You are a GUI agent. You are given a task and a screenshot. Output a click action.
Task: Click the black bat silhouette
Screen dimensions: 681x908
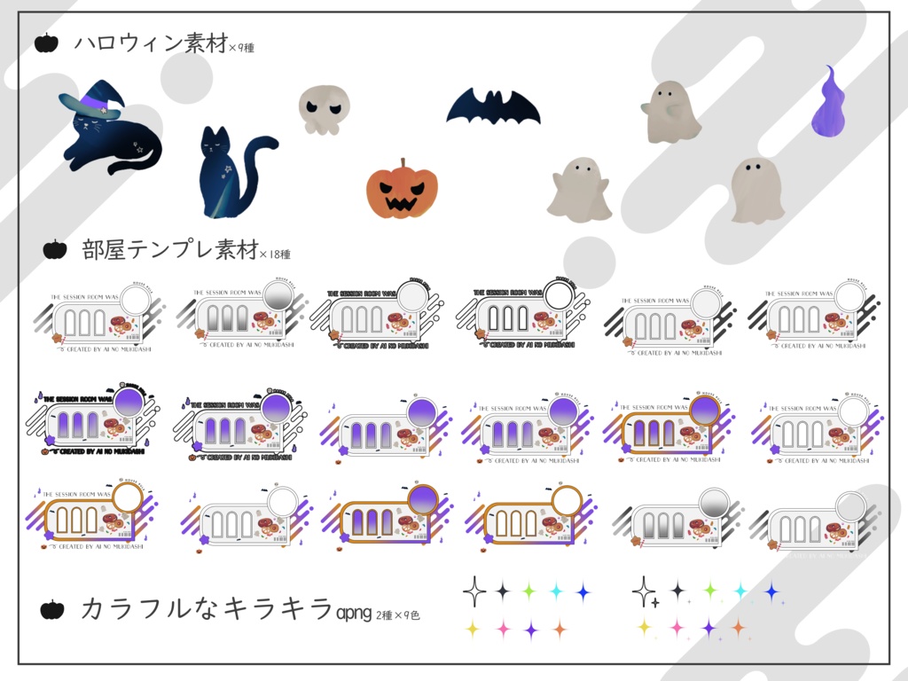point(493,108)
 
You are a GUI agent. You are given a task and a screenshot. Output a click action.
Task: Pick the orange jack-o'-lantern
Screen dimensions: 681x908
point(403,191)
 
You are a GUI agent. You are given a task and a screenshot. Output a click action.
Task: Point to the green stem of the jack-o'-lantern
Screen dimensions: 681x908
point(403,164)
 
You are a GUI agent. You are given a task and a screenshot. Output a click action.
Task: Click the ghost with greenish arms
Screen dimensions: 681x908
point(671,112)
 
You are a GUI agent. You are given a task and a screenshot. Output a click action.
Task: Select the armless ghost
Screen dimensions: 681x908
point(757,190)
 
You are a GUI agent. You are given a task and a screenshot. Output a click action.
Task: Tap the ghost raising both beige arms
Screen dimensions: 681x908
point(578,189)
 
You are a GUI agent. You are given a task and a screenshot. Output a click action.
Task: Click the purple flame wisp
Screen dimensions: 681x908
point(830,104)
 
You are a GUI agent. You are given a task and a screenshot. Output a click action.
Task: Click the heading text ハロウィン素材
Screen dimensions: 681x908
point(151,43)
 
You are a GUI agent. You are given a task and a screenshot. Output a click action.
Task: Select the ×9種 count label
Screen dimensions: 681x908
point(241,48)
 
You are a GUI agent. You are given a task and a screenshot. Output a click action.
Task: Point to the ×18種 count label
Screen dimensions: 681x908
point(275,254)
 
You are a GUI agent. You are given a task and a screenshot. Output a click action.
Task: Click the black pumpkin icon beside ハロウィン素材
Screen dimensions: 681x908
point(46,43)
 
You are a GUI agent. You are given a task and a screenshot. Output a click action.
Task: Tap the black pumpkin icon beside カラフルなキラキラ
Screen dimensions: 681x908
point(52,609)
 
